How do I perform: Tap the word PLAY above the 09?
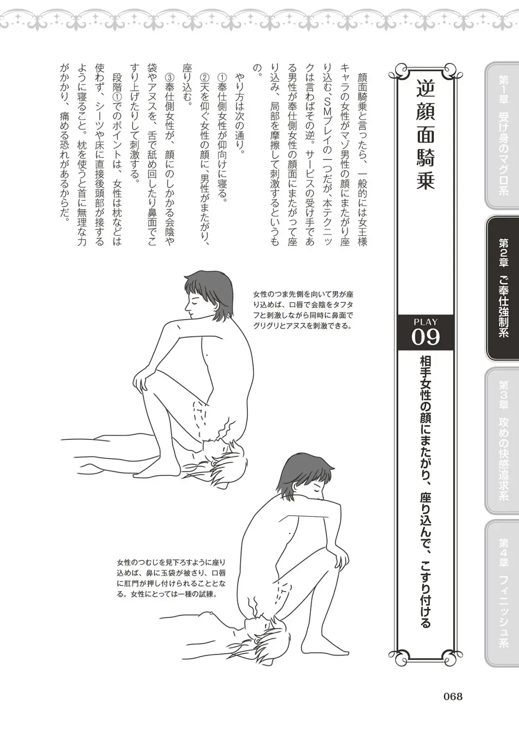click(425, 322)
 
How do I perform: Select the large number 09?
click(425, 337)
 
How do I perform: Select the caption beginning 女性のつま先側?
click(303, 310)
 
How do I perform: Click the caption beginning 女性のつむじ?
click(171, 577)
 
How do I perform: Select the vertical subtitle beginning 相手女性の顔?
click(425, 490)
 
